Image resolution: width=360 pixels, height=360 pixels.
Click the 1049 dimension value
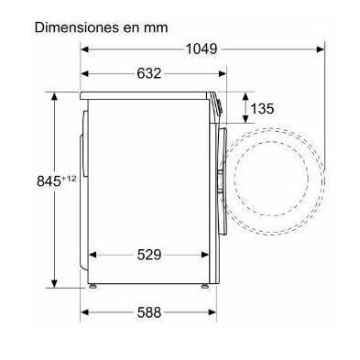click(202, 49)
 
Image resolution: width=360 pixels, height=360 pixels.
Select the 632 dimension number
click(148, 73)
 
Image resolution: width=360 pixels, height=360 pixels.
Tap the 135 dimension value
click(262, 108)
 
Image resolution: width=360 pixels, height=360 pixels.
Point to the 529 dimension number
click(148, 255)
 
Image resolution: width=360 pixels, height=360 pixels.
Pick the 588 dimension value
click(148, 312)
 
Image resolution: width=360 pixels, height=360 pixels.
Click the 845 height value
click(49, 180)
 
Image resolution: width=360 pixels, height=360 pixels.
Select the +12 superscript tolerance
click(69, 179)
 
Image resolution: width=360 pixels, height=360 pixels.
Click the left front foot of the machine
click(92, 286)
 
